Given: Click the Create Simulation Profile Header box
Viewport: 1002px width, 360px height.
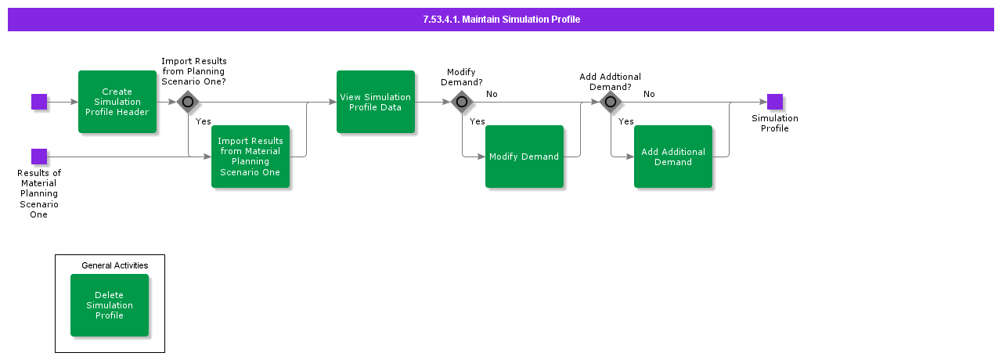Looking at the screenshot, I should [117, 102].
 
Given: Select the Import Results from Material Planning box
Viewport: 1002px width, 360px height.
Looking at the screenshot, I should [250, 157].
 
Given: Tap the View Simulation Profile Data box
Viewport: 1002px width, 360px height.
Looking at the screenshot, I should [376, 102].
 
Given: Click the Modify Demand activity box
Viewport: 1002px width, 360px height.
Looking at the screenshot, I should [524, 157].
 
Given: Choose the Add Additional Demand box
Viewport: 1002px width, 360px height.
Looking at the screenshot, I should [673, 157].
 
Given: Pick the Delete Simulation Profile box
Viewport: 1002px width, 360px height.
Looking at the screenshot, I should [110, 305].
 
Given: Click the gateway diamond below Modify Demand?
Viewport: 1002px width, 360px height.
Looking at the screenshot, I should [462, 102].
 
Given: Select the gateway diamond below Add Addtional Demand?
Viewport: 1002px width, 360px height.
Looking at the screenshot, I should [611, 102].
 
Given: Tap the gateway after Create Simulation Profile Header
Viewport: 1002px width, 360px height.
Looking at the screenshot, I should [188, 102].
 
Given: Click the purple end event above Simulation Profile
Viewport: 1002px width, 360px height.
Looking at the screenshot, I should [775, 102].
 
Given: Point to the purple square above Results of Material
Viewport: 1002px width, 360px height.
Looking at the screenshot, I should [39, 157].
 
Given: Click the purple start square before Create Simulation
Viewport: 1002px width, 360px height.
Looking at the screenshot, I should [39, 102].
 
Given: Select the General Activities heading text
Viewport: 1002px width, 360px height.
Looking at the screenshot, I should [115, 265].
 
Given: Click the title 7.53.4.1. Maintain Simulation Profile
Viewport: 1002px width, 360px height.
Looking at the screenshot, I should [501, 20].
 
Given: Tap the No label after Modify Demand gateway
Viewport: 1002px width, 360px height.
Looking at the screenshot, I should [492, 94].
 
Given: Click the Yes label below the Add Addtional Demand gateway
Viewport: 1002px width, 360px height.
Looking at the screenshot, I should [626, 121].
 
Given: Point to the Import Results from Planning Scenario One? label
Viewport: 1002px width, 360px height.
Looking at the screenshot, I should [194, 71].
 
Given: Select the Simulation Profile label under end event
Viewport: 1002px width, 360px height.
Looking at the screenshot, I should [775, 124].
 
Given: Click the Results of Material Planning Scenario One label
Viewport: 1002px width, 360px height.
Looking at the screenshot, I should [39, 193].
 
